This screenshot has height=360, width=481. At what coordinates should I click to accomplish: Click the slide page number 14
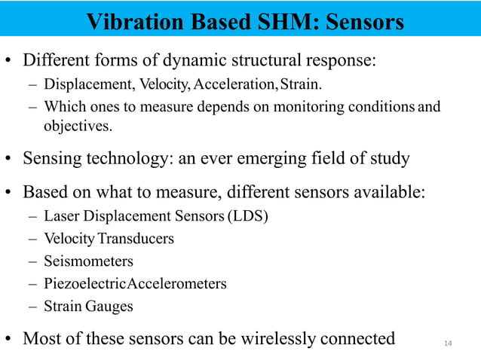448,343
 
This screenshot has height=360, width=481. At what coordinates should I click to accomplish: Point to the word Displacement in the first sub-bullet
81,84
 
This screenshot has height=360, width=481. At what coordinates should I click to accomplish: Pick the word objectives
78,126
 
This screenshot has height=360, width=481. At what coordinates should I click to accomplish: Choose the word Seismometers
88,261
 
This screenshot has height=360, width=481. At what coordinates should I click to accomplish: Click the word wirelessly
270,338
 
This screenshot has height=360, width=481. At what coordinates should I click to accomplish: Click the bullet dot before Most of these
9,339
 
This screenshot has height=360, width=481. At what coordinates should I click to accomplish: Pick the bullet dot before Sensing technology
9,160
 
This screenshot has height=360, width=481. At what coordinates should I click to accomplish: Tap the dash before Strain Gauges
33,307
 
